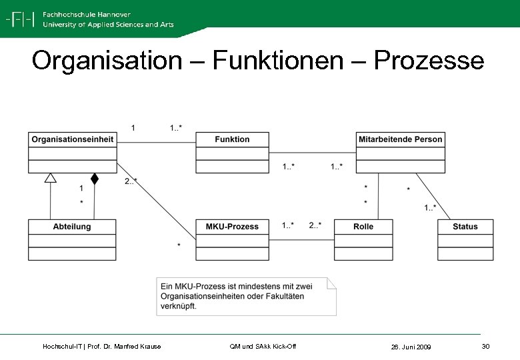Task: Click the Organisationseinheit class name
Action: (73, 139)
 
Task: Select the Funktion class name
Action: (232, 139)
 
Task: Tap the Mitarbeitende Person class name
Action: (400, 139)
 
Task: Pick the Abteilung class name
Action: (72, 227)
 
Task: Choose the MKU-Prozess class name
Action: (232, 227)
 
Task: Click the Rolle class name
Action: (363, 227)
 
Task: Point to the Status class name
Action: (465, 227)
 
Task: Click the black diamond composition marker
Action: (95, 179)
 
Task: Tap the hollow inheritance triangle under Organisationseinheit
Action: (51, 177)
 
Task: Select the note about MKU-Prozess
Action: (246, 296)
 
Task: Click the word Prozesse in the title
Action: (429, 61)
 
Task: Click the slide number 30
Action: (485, 346)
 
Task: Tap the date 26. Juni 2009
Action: (411, 347)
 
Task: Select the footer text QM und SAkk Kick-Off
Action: (263, 346)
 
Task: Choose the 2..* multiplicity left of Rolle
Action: (315, 225)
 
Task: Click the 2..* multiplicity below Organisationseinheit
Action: (131, 181)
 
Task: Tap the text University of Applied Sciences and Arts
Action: (108, 25)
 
